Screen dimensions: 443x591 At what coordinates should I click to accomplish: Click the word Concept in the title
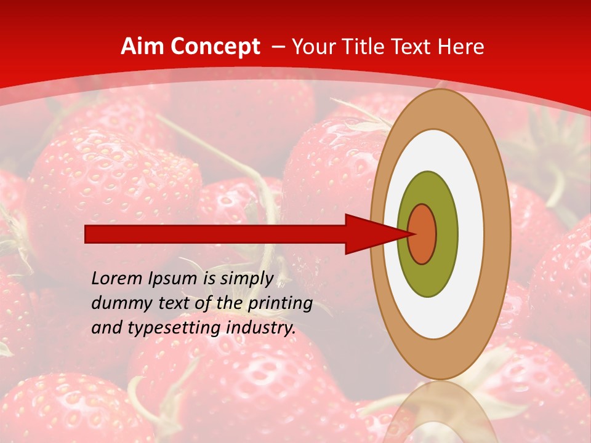215,46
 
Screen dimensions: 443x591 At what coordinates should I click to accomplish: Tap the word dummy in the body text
117,303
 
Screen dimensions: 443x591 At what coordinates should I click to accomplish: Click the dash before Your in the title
278,47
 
